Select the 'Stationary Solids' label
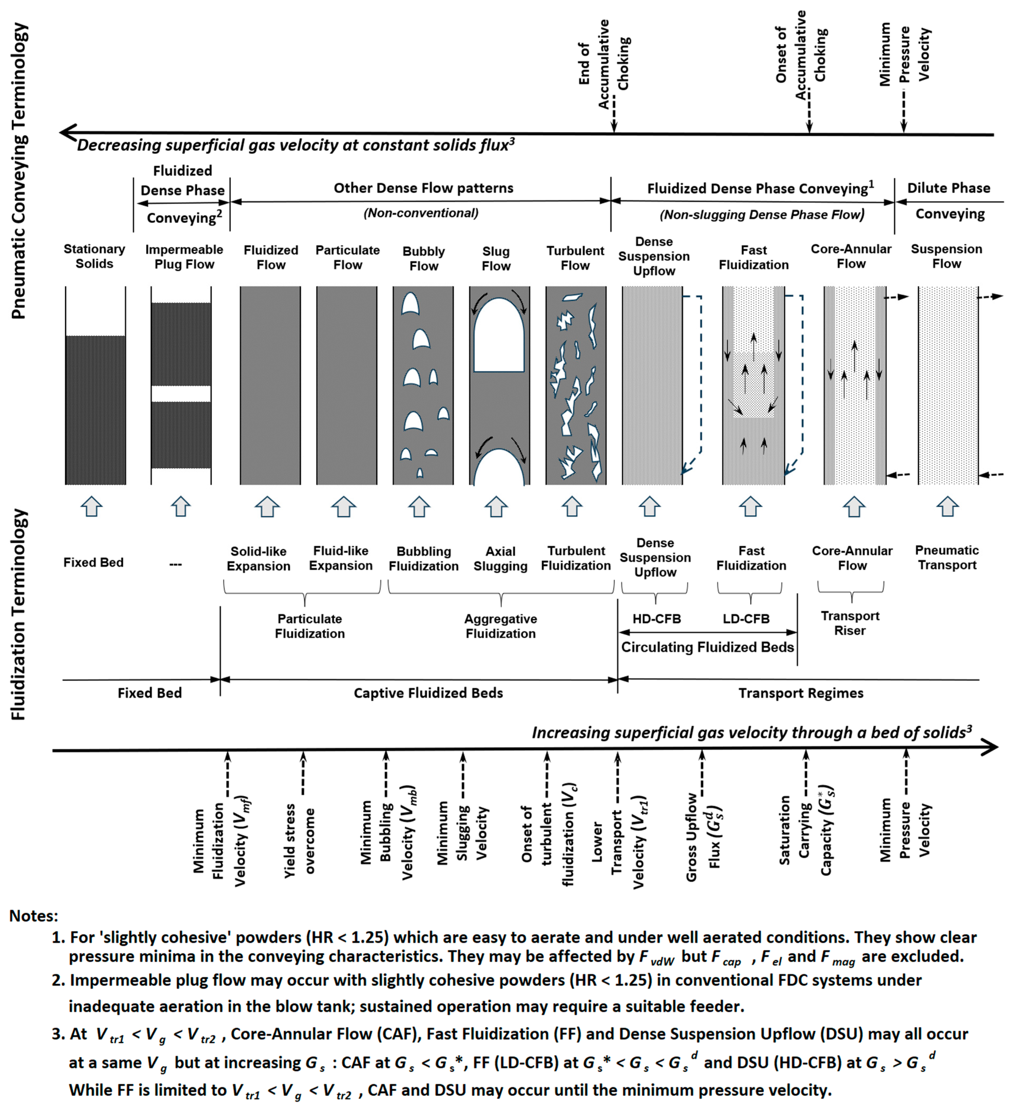pyautogui.click(x=94, y=256)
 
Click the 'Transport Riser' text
pyautogui.click(x=850, y=623)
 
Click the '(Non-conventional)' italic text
pyautogui.click(x=421, y=213)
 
